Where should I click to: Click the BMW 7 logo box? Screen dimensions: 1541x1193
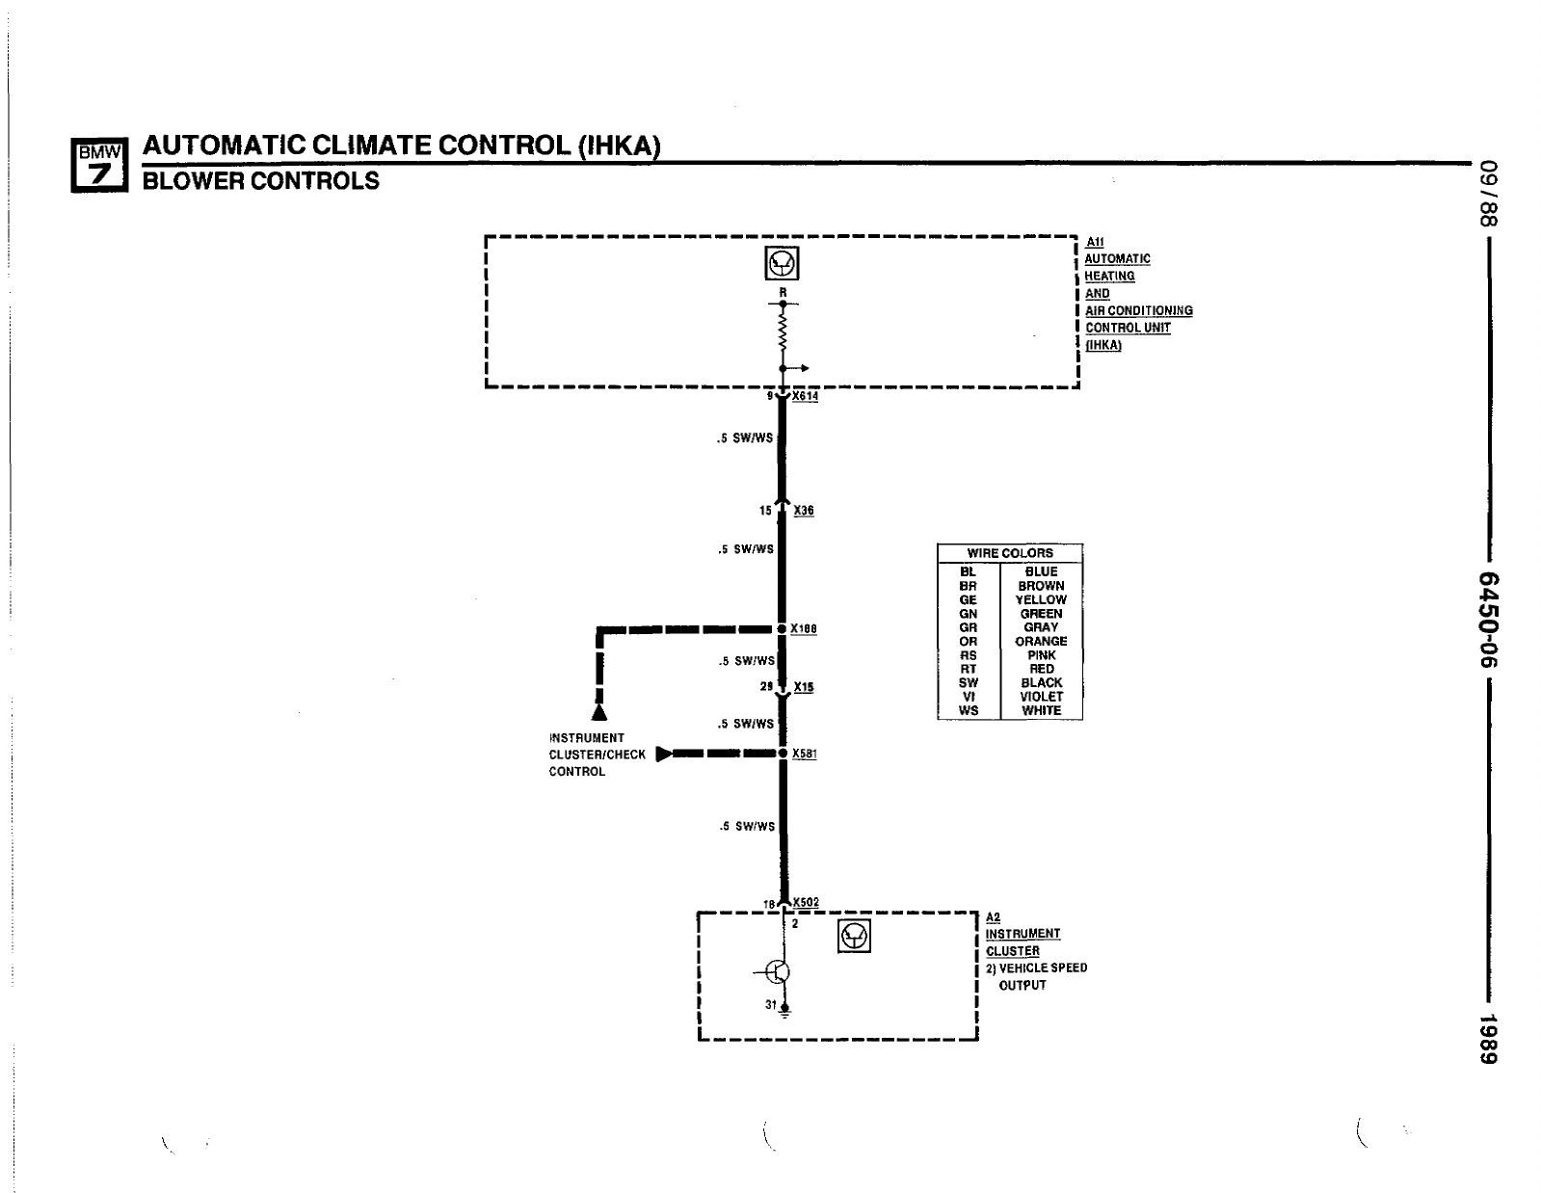99,165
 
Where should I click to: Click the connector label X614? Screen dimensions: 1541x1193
805,396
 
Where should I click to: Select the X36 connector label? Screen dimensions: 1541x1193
804,511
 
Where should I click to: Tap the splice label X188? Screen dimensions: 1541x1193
804,629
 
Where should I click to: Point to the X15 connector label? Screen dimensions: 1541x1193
804,687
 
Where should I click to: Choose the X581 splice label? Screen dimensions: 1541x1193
805,754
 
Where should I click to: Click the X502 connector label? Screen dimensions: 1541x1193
806,903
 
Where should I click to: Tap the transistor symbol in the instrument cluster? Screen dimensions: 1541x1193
778,972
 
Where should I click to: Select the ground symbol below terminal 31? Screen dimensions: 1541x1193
784,1013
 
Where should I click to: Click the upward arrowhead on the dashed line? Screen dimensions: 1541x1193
599,712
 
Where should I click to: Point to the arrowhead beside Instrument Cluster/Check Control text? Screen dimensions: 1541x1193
664,754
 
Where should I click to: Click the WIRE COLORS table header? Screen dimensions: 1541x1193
1010,553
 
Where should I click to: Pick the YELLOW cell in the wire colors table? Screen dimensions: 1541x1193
1041,599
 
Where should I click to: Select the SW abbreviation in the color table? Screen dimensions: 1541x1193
969,682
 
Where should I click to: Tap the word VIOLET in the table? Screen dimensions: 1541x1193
1041,697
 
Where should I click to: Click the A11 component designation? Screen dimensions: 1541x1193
1095,242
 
